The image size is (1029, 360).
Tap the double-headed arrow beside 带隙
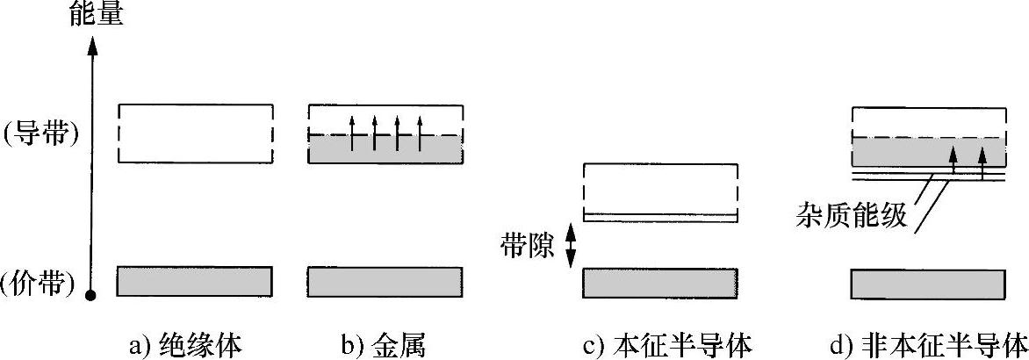pos(569,245)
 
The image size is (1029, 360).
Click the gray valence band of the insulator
pos(194,281)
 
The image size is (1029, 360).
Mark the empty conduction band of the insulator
pos(194,133)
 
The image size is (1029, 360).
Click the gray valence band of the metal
pos(385,281)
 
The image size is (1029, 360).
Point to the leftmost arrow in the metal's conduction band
pos(352,133)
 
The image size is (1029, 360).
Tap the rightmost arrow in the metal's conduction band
pos(421,133)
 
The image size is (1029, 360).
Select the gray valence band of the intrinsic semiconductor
pos(660,282)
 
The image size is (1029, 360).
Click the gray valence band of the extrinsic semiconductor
pos(928,283)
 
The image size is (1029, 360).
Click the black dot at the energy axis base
pos(90,296)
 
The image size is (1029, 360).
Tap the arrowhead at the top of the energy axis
pos(90,43)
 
